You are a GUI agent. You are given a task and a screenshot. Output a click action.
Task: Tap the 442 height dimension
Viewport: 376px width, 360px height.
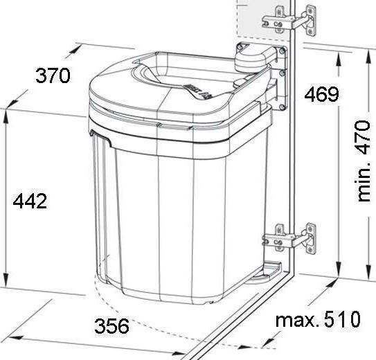coord(30,201)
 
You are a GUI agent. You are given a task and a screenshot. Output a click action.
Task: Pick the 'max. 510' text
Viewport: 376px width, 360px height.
coord(318,320)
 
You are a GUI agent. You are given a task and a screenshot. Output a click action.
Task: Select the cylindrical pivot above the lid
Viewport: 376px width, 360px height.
coord(251,57)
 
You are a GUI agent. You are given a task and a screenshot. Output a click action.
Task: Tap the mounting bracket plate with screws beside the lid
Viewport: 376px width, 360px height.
coord(281,80)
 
